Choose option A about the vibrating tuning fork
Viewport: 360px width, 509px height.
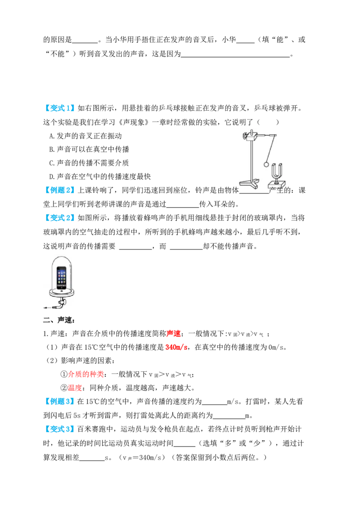pyautogui.click(x=85, y=136)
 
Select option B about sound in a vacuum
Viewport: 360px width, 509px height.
pyautogui.click(x=89, y=149)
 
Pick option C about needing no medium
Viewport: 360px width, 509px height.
pyautogui.click(x=89, y=163)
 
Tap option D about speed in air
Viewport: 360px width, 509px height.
pyautogui.click(x=100, y=177)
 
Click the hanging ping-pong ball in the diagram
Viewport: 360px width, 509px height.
pyautogui.click(x=266, y=164)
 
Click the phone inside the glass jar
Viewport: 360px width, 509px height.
pyautogui.click(x=61, y=277)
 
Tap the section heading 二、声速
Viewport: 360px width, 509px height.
pyautogui.click(x=59, y=320)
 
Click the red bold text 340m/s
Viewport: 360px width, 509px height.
pyautogui.click(x=176, y=347)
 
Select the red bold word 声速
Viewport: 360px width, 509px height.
pyautogui.click(x=174, y=334)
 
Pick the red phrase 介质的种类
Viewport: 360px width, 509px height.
pyautogui.click(x=86, y=374)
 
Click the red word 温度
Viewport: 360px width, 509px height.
pyautogui.click(x=75, y=388)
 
